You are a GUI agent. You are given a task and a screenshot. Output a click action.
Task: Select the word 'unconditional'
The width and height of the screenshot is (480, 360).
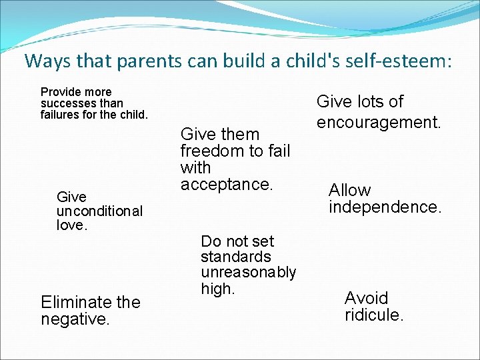pos(99,211)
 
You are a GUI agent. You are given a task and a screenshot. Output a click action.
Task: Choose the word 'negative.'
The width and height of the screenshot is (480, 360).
pos(75,319)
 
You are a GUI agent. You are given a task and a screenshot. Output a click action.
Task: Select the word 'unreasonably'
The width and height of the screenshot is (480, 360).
pos(248,272)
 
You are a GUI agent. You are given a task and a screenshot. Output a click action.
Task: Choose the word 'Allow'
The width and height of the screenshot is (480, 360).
pos(349,191)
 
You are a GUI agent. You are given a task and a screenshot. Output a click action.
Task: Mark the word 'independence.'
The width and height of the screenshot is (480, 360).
pos(385,207)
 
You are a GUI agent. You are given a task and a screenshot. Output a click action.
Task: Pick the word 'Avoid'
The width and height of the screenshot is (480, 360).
pos(366,297)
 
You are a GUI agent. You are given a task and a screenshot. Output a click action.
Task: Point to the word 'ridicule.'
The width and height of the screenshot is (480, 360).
pos(374,315)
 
